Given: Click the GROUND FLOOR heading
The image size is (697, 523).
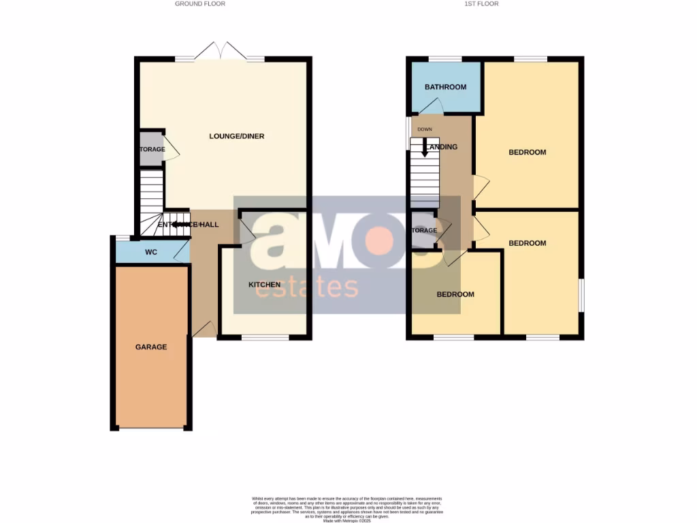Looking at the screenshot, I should [200, 4].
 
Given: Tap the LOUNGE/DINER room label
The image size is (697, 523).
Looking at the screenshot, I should [236, 136].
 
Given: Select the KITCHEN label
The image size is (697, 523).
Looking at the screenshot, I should [264, 285].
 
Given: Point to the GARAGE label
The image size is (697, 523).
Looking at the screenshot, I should [150, 347].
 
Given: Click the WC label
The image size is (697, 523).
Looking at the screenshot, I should [151, 253].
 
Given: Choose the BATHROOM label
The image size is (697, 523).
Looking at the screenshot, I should [445, 87].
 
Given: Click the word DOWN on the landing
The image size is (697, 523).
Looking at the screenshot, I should [425, 129].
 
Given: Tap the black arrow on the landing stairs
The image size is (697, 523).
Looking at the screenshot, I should [425, 146].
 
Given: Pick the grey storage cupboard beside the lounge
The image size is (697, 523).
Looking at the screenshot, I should [151, 148].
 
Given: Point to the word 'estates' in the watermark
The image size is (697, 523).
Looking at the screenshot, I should [306, 287].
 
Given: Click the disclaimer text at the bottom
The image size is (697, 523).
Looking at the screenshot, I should [348, 507].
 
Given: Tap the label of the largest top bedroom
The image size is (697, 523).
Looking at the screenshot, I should [528, 152].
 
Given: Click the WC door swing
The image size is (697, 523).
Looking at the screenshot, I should [182, 253].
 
